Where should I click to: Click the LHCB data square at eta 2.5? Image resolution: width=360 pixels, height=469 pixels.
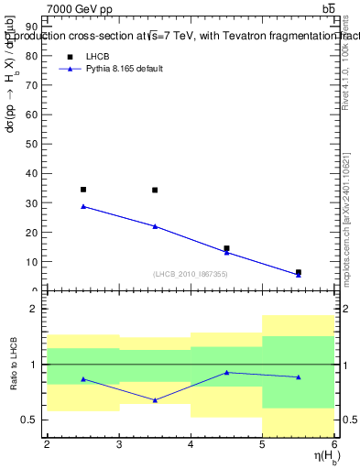(83, 190)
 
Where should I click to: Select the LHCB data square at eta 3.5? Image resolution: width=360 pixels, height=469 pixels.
(155, 191)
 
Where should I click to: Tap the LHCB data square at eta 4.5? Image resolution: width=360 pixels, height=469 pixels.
(226, 248)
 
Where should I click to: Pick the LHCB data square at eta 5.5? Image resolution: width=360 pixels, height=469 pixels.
(299, 272)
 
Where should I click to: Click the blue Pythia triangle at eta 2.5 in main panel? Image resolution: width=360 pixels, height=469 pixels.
(83, 206)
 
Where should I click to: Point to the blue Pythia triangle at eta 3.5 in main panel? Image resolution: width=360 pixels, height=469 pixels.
(155, 226)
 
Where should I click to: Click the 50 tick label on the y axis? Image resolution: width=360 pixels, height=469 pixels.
(35, 144)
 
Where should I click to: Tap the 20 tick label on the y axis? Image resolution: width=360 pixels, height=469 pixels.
(35, 232)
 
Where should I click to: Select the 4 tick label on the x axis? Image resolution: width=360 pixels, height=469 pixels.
(191, 445)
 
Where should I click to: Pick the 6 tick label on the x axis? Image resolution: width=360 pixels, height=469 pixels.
(334, 445)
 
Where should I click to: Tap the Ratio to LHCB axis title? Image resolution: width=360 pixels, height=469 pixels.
(12, 365)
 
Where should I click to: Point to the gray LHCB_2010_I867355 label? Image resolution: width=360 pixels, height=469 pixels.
(191, 274)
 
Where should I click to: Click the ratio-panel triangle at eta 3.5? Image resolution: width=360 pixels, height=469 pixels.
(155, 400)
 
